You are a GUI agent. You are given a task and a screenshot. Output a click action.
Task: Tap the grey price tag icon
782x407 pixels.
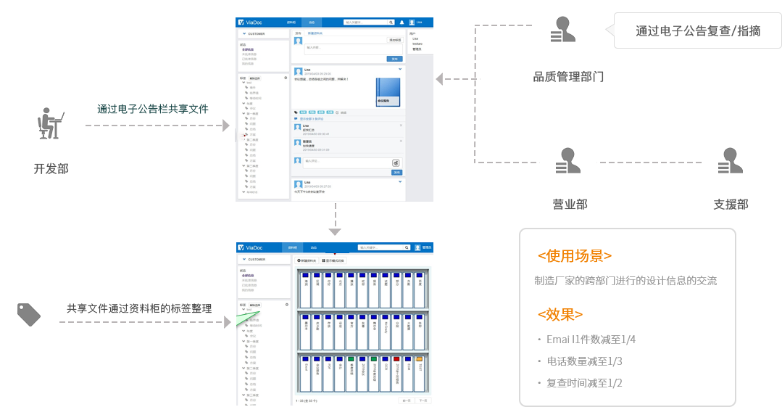(x=29, y=314)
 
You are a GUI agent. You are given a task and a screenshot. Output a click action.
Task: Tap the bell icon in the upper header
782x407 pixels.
(x=402, y=22)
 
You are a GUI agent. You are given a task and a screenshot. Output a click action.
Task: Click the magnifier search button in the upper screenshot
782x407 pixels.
(x=391, y=22)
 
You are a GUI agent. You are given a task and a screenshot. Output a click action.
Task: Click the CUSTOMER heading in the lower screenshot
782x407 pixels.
(x=256, y=258)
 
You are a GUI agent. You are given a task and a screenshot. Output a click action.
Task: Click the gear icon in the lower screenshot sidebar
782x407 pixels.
(x=286, y=304)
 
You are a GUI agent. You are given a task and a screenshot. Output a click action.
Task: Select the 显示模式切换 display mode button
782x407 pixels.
(x=334, y=260)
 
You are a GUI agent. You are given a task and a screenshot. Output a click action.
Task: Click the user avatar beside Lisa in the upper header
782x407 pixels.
(x=412, y=22)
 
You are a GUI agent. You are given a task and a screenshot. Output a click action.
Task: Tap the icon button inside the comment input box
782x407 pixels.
(x=396, y=163)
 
